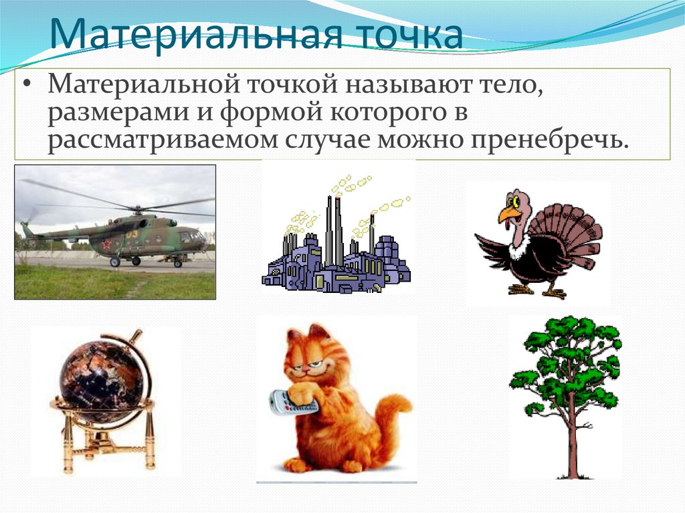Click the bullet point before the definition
click(x=27, y=86)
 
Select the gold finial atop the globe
click(x=136, y=334)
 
